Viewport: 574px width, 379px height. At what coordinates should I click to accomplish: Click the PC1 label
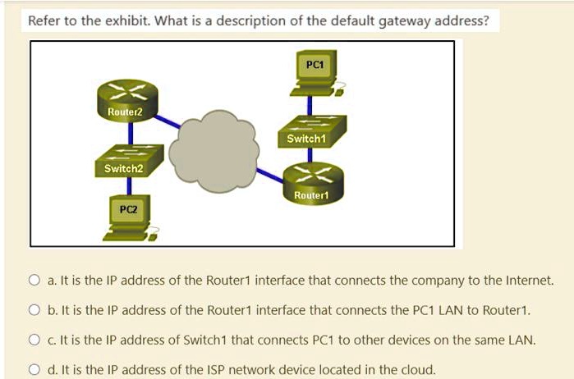(x=313, y=64)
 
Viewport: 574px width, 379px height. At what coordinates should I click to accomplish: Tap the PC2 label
(x=128, y=209)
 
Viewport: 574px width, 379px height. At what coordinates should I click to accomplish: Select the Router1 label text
(x=310, y=196)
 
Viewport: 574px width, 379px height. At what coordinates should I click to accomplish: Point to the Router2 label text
(x=125, y=111)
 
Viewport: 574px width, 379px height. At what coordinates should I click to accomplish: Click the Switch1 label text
(x=306, y=139)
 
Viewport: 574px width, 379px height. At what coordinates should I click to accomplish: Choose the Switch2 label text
(x=123, y=168)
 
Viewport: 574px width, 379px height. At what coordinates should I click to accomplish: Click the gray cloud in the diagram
(x=217, y=148)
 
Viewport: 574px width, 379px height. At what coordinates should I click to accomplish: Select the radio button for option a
(x=34, y=281)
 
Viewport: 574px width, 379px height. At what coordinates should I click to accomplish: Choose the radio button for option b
(x=34, y=310)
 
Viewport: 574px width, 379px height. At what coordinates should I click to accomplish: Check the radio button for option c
(x=34, y=340)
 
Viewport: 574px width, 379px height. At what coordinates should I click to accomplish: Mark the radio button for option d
(x=34, y=369)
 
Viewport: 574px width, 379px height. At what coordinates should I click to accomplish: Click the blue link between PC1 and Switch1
(x=310, y=104)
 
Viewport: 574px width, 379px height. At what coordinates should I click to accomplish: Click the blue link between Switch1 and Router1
(x=310, y=156)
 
